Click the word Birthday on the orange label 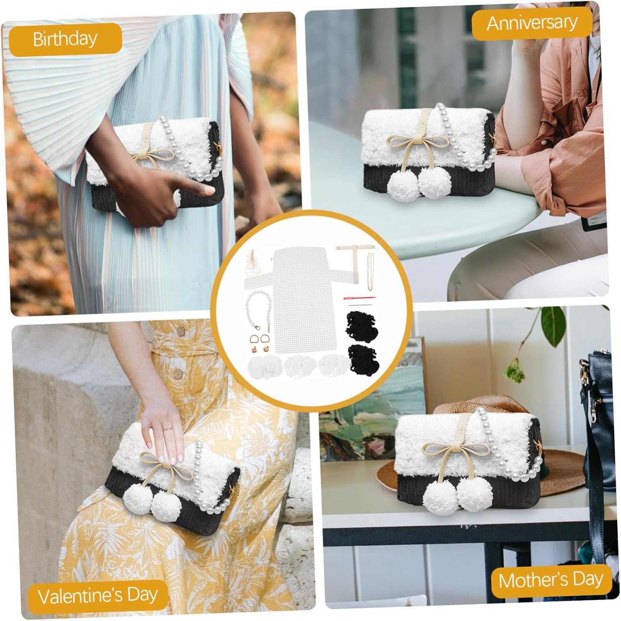coord(65,39)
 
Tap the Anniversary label coord(532,23)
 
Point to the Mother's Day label coord(551,580)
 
